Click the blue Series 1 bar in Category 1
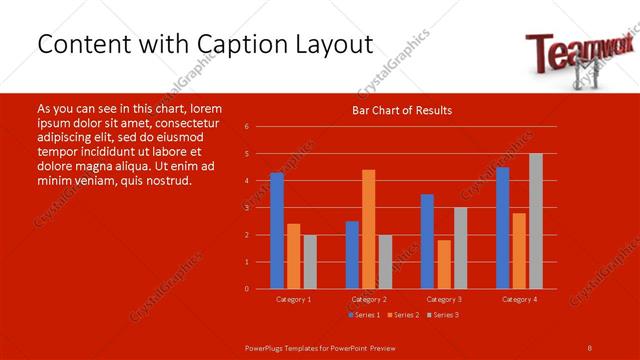pos(277,231)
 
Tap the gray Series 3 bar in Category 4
pos(536,221)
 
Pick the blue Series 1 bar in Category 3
pos(427,241)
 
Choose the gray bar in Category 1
pos(310,262)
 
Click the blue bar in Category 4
pos(502,228)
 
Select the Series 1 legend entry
pos(364,315)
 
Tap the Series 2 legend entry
pos(403,315)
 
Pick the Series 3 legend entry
pos(443,315)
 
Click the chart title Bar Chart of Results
pos(403,110)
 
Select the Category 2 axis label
pos(369,299)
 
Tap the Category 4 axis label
pos(519,299)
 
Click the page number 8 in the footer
pos(589,346)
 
